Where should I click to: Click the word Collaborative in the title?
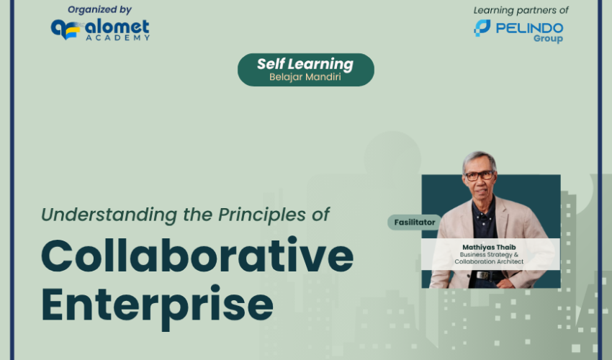pos(197,255)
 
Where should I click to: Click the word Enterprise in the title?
pos(157,307)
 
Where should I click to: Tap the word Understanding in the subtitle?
pos(109,215)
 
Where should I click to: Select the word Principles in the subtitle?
pos(262,215)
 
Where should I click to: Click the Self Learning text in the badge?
pos(305,63)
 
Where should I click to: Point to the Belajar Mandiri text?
pos(305,76)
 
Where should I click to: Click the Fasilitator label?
pos(415,222)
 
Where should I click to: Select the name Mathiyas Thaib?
pos(489,247)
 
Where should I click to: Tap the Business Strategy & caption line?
pos(489,254)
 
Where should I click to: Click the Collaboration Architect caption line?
pos(489,261)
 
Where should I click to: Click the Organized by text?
pos(99,10)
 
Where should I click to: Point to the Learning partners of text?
pos(521,10)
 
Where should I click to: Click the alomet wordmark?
pos(117,27)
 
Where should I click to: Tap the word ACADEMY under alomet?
pos(118,38)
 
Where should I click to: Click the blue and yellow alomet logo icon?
pos(66,30)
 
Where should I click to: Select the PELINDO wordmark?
pos(530,28)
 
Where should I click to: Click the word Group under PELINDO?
pos(549,38)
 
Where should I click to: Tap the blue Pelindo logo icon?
pos(482,28)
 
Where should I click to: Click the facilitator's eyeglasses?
pos(480,176)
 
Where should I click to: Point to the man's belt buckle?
pos(482,275)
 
